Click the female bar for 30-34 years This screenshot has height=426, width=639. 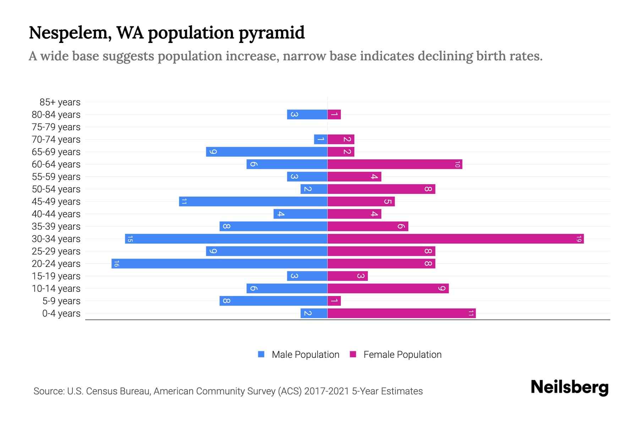coord(455,239)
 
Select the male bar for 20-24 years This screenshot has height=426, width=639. coord(219,264)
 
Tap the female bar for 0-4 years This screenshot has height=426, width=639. coord(401,313)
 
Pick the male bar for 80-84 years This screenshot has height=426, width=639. coord(307,115)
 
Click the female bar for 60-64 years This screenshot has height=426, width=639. coord(395,164)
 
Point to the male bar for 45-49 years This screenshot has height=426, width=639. coord(253,202)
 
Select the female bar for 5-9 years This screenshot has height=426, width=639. coord(334,301)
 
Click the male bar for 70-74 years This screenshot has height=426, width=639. coord(321,140)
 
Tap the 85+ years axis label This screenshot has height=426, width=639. coord(60,102)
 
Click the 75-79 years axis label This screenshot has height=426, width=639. coord(56,127)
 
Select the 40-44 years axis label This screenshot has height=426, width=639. coord(56,214)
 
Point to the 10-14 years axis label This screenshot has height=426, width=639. coord(56,289)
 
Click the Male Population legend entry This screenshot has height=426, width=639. coord(305,355)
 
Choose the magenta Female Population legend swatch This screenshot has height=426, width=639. coord(353,354)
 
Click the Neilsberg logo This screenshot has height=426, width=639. coord(569,387)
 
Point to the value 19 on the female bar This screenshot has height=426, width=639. coord(579,239)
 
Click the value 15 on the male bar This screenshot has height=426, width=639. coord(130,239)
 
